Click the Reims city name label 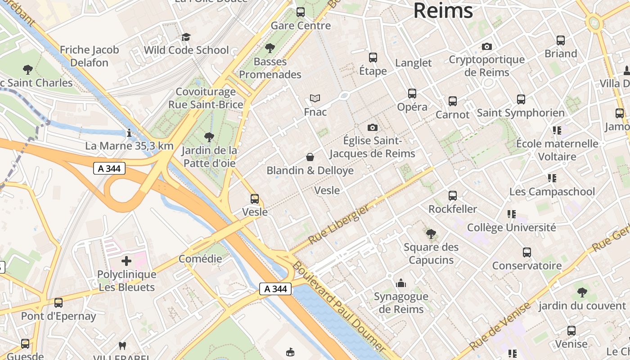tap(443, 11)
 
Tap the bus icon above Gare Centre tap(300, 12)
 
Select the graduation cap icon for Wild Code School tap(186, 37)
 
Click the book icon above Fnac tap(315, 98)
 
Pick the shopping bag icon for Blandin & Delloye tap(310, 157)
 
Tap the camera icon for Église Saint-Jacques tap(372, 127)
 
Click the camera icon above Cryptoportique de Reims tap(486, 46)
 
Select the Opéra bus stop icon tap(412, 94)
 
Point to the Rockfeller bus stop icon tap(452, 196)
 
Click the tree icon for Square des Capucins tap(431, 234)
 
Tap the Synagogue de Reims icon tap(400, 283)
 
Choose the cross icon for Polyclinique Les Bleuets tap(126, 261)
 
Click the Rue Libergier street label tap(339, 224)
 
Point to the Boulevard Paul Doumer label tap(338, 307)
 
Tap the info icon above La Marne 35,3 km tap(129, 133)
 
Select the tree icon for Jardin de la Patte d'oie tap(209, 137)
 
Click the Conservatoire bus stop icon tap(526, 252)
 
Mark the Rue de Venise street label tap(500, 326)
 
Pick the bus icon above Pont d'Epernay tap(58, 303)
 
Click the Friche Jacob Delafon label tap(89, 56)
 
